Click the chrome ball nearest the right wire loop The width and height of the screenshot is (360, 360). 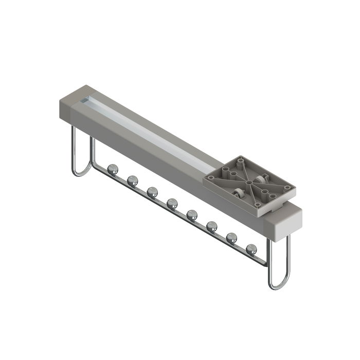pyautogui.click(x=251, y=249)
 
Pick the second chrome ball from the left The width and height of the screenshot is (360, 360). pyautogui.click(x=132, y=179)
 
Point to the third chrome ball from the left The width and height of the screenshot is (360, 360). pyautogui.click(x=152, y=191)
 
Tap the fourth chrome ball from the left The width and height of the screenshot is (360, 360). pyautogui.click(x=172, y=203)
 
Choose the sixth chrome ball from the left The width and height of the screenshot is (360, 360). pyautogui.click(x=212, y=226)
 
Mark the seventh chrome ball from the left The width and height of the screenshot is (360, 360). pyautogui.click(x=231, y=238)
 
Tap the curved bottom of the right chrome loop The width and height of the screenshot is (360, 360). pyautogui.click(x=278, y=285)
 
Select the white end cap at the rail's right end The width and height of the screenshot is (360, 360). pyautogui.click(x=283, y=221)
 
